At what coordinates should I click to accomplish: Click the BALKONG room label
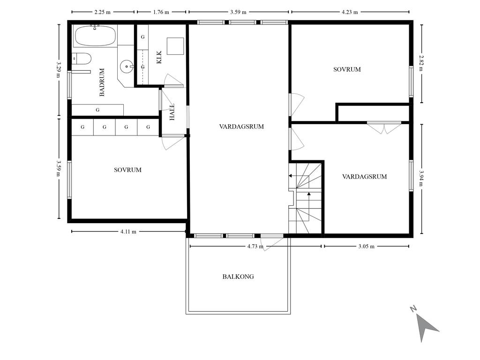[238, 277]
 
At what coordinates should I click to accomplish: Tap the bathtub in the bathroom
[95, 36]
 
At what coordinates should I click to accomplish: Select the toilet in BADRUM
[82, 59]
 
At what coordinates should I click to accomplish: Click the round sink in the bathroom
[127, 66]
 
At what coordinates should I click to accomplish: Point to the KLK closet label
[159, 57]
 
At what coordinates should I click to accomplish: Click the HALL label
[172, 112]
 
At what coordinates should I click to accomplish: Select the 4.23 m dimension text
[350, 12]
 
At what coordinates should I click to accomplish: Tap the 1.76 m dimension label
[161, 12]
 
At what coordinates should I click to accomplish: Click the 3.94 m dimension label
[422, 178]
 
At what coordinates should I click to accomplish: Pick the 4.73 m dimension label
[255, 246]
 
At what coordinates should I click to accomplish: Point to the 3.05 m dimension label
[366, 246]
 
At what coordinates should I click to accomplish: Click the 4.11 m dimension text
[128, 232]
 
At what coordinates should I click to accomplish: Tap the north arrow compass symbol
[425, 325]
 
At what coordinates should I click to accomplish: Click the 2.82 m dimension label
[422, 63]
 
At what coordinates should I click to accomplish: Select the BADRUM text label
[102, 82]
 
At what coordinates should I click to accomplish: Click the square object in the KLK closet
[175, 46]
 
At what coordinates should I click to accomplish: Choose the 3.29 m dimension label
[59, 70]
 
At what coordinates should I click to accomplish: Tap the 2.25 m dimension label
[102, 12]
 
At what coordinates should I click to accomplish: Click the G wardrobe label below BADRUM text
[97, 110]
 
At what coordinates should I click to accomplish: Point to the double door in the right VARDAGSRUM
[384, 127]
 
